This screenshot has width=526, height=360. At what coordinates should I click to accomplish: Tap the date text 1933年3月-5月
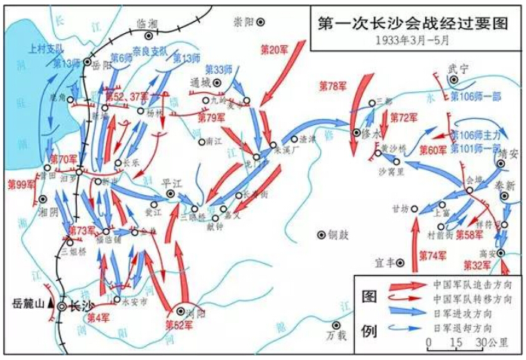416,40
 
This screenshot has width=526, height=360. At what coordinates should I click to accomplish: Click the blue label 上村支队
47,47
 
